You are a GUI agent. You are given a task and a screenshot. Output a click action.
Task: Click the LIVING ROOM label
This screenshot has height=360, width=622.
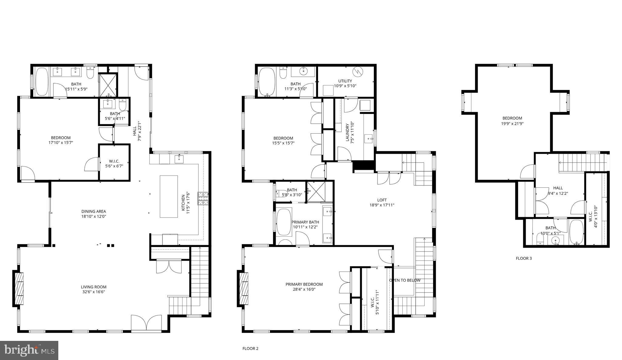tap(94, 287)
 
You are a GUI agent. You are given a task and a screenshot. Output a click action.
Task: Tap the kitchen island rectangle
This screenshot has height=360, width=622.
tap(169, 196)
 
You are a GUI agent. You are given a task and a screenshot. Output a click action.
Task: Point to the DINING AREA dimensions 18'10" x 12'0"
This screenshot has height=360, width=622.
tap(94, 217)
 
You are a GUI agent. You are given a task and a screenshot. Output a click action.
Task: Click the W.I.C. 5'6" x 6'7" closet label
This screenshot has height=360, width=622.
tap(114, 164)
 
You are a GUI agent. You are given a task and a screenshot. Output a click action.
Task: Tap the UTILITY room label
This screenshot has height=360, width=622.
tap(345, 81)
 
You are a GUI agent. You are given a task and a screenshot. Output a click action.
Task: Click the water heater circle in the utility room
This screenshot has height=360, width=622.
tap(357, 72)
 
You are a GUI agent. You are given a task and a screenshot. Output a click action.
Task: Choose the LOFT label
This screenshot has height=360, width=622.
tap(382, 200)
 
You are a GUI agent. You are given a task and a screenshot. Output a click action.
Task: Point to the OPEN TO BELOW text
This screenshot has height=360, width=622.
tap(405, 280)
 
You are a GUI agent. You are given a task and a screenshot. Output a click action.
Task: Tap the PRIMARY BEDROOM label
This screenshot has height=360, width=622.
tap(304, 284)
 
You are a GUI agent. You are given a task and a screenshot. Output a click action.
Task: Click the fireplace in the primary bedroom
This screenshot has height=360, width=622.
tap(244, 288)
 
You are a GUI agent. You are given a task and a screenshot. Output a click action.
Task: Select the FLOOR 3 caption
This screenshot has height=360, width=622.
tap(524, 259)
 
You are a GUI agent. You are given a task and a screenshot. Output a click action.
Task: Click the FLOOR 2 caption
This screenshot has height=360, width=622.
tap(250, 348)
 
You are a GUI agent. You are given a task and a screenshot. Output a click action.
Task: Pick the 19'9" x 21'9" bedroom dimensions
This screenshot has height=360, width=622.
tap(512, 124)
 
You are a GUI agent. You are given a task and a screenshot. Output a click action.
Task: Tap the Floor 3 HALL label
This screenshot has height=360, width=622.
tap(558, 188)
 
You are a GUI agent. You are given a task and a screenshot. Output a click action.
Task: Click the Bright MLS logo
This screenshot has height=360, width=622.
tap(29, 350)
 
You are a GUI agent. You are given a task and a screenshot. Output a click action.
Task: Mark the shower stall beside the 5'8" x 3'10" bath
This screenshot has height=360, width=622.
tap(316, 191)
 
